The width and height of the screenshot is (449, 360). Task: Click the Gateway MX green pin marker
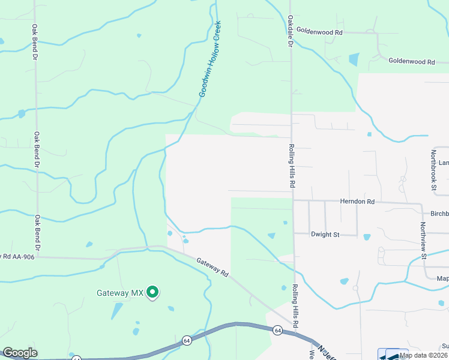click(153, 292)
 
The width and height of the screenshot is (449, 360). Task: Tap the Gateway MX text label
click(121, 293)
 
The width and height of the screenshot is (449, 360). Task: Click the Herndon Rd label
click(357, 202)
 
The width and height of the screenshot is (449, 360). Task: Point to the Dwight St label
click(325, 234)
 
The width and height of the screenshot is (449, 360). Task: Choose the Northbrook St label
click(433, 171)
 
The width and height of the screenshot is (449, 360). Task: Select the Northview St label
click(423, 240)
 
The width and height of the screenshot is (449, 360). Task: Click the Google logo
click(20, 353)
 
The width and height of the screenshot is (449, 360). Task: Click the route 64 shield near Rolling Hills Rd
click(277, 330)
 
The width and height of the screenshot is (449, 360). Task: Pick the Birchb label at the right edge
click(439, 214)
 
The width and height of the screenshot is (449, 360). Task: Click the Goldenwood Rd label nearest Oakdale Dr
click(319, 31)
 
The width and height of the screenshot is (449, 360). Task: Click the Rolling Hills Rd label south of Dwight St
click(295, 305)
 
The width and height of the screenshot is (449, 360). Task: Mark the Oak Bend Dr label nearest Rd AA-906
click(37, 233)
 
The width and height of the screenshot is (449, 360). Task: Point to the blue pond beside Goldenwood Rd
click(354, 59)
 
